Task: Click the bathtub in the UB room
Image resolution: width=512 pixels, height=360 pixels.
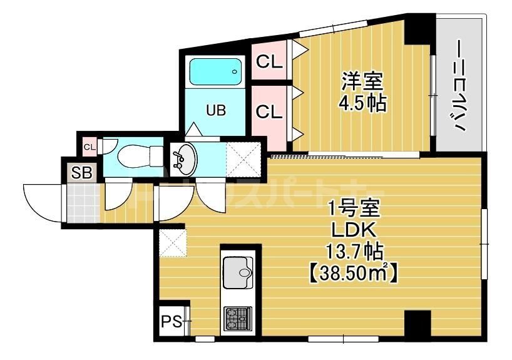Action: pyautogui.click(x=215, y=73)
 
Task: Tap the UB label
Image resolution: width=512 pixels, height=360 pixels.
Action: pyautogui.click(x=216, y=111)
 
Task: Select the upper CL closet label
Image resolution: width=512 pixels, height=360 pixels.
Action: pyautogui.click(x=270, y=62)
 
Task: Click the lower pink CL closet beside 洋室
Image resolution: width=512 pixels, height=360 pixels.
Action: pyautogui.click(x=270, y=113)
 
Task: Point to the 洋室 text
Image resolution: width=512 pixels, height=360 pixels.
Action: pyautogui.click(x=362, y=82)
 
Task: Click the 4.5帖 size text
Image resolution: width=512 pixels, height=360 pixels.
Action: pyautogui.click(x=363, y=103)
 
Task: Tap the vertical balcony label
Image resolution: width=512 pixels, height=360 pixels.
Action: pyautogui.click(x=460, y=88)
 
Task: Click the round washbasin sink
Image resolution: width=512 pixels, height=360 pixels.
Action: pyautogui.click(x=183, y=159)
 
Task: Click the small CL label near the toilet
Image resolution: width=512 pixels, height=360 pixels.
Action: pyautogui.click(x=89, y=148)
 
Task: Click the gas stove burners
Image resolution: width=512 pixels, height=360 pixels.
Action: pyautogui.click(x=237, y=319)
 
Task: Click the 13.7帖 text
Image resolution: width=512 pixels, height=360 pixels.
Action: pyautogui.click(x=354, y=252)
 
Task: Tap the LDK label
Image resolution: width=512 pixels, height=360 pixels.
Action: pyautogui.click(x=354, y=230)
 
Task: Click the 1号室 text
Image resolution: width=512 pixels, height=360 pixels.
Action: pyautogui.click(x=354, y=207)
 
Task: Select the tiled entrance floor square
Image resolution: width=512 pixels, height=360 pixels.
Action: pyautogui.click(x=83, y=202)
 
